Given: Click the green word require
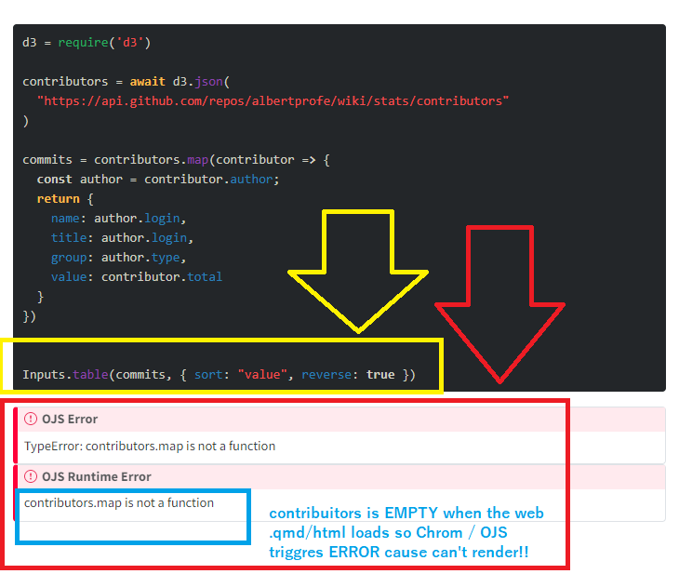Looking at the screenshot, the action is (83, 43).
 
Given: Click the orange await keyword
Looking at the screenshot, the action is (148, 82).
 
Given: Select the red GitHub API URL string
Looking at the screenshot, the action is (273, 100).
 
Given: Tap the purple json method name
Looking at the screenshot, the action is (208, 82).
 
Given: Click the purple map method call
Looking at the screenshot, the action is (198, 160).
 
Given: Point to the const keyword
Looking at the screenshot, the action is (55, 180).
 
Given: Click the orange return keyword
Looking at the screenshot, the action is (58, 199).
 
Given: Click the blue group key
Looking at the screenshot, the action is (69, 258).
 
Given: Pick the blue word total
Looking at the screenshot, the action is (205, 277).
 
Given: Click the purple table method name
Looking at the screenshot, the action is (90, 374).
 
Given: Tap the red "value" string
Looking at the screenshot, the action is (262, 374).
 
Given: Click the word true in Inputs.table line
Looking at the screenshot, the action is (380, 374).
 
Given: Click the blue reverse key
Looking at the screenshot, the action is (326, 374).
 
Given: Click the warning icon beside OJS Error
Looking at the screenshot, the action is (31, 419).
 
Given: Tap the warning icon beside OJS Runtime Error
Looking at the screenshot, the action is (31, 476).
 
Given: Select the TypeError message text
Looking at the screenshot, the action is (150, 447).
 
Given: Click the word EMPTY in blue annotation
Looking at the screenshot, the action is (411, 513).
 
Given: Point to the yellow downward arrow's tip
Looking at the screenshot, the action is (358, 331).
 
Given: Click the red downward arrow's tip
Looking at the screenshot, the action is (499, 382).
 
